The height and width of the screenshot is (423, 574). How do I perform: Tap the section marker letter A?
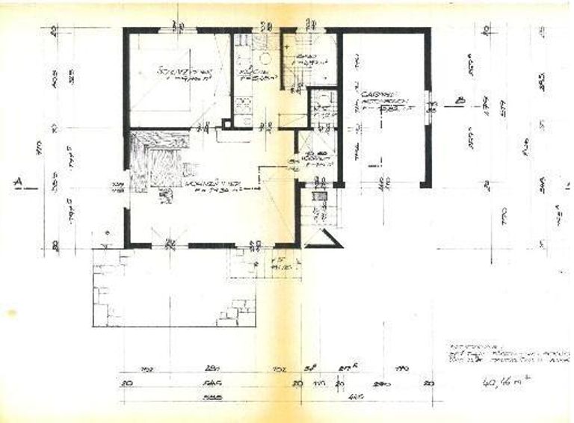(x=16, y=182)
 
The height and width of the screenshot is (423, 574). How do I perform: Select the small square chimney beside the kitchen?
(x=227, y=124)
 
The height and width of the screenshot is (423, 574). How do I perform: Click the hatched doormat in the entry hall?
(x=319, y=196)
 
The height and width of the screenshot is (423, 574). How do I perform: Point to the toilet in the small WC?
(x=322, y=97)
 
